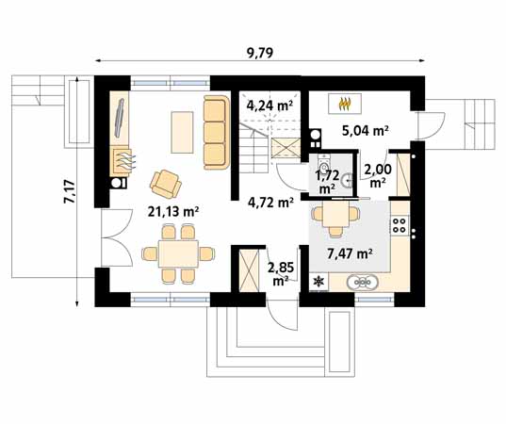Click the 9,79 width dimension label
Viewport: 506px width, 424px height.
260,53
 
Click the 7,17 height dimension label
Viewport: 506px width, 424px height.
70,191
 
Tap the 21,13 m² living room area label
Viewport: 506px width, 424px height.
173,212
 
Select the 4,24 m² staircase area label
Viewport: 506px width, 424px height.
269,106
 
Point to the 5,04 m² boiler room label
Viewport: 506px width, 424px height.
365,131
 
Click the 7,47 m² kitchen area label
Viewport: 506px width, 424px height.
350,254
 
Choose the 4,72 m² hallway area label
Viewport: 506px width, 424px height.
270,203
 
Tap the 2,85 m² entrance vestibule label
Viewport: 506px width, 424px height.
281,274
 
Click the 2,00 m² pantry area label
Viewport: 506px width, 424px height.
378,175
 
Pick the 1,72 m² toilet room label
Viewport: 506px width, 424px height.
327,182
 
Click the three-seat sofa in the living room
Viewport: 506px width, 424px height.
216,132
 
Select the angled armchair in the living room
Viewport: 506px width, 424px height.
166,184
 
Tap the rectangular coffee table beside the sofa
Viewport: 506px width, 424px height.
182,132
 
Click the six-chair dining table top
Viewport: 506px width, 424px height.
178,253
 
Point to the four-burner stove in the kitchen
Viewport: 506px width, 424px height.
400,225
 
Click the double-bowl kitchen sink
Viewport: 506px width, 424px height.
363,283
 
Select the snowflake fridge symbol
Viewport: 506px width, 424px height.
318,282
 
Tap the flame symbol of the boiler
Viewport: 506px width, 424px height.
345,104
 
